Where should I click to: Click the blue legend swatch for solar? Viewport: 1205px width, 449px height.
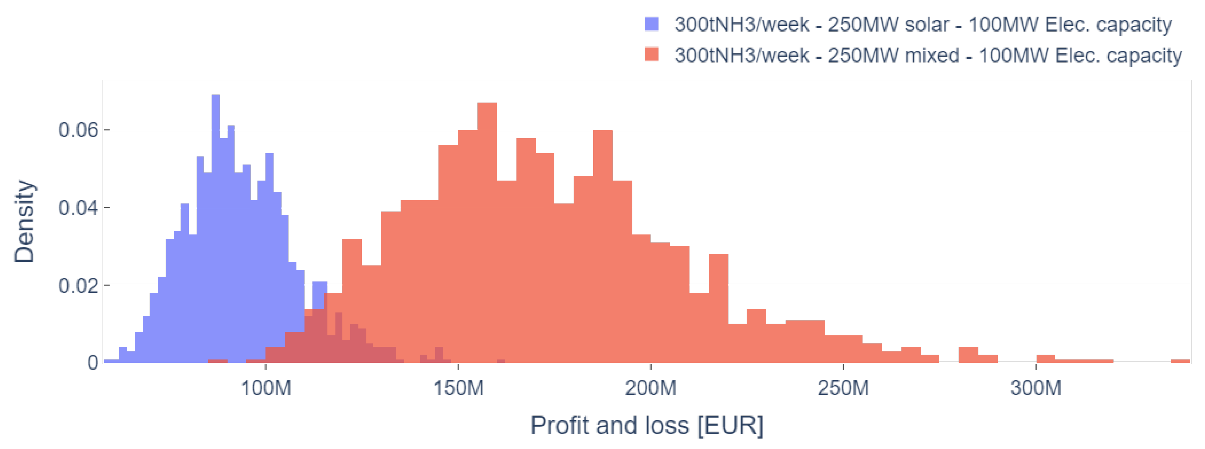[652, 24]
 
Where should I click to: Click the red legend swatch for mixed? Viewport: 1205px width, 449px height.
[652, 55]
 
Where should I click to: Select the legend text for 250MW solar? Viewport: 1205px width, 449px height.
[923, 24]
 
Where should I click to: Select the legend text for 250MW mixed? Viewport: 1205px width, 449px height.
[928, 55]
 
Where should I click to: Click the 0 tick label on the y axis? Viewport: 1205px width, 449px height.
[93, 362]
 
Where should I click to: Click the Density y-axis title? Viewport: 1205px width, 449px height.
[24, 221]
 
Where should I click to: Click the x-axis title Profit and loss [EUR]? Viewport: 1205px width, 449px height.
[646, 425]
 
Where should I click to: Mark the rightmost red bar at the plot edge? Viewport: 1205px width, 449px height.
[1180, 361]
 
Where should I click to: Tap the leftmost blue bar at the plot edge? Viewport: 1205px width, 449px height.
[111, 361]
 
